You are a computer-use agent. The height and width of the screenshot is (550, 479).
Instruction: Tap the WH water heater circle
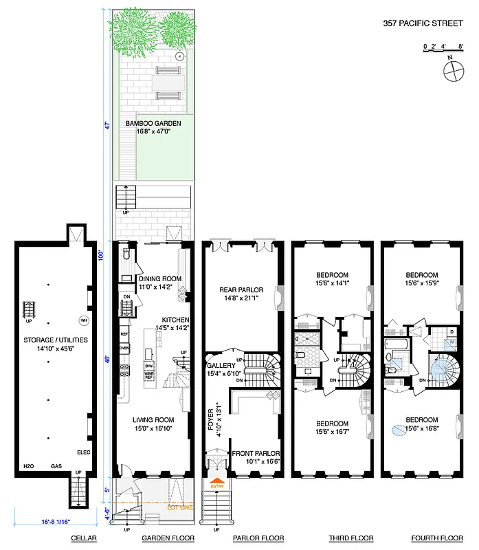84,320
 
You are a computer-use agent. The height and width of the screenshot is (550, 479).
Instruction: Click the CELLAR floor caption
83,538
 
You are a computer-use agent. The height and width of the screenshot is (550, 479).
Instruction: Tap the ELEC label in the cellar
83,452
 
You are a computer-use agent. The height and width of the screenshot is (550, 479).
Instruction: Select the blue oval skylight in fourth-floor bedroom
398,430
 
